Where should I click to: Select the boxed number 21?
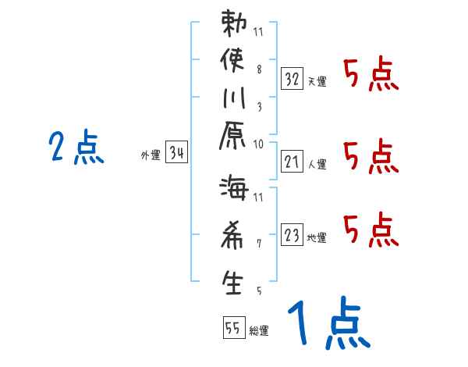pos(292,162)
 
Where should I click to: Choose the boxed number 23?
pos(292,233)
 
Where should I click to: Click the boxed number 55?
pos(232,328)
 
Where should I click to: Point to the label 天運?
pos(317,81)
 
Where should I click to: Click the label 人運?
pos(317,165)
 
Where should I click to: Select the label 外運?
pos(150,156)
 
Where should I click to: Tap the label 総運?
pos(259,331)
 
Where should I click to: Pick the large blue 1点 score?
pos(327,324)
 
